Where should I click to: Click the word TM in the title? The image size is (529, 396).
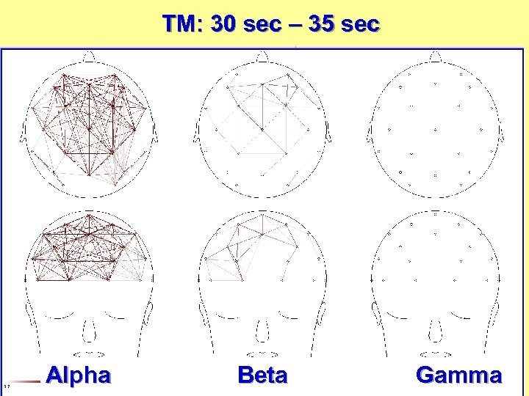(179, 24)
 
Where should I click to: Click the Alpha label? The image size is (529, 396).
(78, 375)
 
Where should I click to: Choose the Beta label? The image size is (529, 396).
(262, 375)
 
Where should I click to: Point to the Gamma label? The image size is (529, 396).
(458, 375)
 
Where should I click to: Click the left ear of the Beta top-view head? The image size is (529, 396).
(196, 133)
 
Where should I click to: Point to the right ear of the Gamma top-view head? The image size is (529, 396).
(501, 133)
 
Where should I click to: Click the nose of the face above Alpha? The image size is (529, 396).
(88, 332)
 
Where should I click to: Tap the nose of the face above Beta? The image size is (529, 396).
(262, 332)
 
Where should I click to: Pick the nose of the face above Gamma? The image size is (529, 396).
(435, 332)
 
